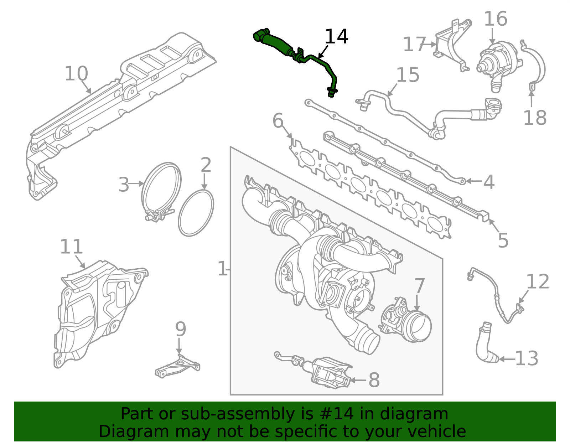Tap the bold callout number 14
click(336, 37)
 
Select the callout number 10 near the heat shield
click(76, 74)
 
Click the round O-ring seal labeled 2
click(196, 213)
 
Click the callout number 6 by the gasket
click(278, 121)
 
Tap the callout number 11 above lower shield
click(71, 247)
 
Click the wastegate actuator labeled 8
click(330, 372)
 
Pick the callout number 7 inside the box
click(419, 286)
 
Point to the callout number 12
click(537, 282)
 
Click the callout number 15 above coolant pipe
click(408, 75)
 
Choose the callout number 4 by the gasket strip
click(489, 182)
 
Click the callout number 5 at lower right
click(503, 240)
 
